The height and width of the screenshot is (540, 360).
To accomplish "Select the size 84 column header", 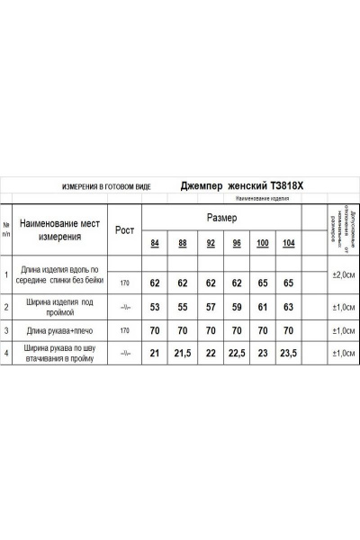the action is (155, 244).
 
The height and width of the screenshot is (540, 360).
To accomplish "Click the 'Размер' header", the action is (222, 218).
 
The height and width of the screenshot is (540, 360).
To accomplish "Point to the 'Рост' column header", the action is (124, 229).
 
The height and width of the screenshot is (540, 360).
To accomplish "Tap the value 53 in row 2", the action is (155, 307).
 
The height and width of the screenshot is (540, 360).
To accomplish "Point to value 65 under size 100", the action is (264, 282).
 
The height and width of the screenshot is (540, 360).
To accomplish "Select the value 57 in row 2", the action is (211, 307).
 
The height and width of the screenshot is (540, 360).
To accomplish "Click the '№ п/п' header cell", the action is (7, 229).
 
